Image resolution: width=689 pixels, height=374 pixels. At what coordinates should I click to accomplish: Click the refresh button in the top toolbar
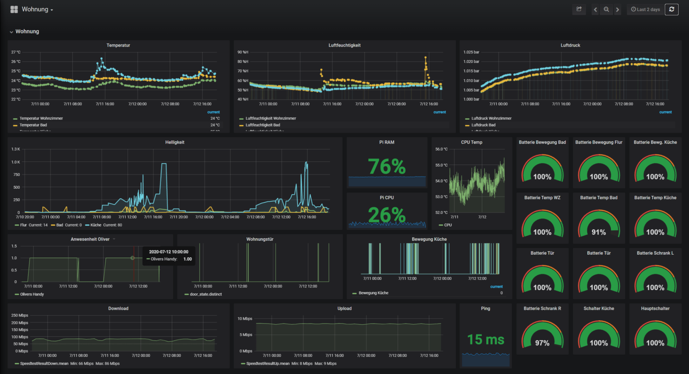click(x=672, y=9)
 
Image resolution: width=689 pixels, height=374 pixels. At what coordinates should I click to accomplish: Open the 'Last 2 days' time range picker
click(x=645, y=9)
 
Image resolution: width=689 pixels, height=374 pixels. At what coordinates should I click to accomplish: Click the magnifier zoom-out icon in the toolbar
click(x=606, y=9)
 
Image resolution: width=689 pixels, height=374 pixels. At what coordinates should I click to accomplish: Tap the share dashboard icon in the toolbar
click(x=579, y=9)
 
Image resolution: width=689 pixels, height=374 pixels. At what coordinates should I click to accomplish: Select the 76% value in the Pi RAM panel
click(x=387, y=167)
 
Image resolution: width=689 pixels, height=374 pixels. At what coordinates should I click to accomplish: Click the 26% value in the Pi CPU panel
click(x=387, y=215)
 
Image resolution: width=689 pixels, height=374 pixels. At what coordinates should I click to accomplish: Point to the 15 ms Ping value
click(x=485, y=340)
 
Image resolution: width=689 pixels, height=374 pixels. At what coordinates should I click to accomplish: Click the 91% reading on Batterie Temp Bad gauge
click(x=598, y=232)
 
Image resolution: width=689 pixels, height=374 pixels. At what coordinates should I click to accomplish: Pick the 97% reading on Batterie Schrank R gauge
click(x=542, y=343)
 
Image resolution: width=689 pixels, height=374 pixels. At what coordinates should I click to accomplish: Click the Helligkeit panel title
click(x=174, y=142)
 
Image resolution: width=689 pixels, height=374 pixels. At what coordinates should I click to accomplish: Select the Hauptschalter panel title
click(x=655, y=309)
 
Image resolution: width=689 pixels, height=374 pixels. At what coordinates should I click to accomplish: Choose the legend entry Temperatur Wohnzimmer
click(x=41, y=118)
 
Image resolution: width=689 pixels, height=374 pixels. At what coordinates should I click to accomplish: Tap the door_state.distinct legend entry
click(x=205, y=294)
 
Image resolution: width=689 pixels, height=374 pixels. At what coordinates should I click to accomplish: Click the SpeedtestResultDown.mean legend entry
click(x=44, y=364)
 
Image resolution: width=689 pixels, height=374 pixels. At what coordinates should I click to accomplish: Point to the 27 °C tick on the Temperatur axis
click(x=16, y=52)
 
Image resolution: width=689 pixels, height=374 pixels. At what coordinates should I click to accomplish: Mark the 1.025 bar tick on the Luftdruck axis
click(x=471, y=52)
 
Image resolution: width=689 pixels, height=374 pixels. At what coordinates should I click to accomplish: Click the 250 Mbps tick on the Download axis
click(x=20, y=315)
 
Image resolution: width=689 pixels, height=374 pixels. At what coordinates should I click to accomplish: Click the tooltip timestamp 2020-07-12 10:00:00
click(x=169, y=252)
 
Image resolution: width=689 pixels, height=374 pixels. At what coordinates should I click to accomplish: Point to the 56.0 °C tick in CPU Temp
click(x=441, y=149)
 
